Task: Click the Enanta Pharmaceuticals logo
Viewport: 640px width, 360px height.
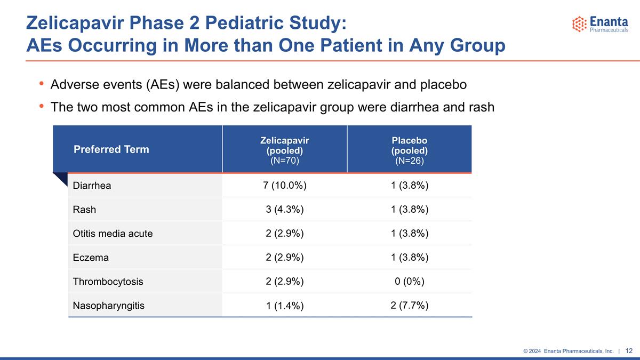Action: click(x=600, y=24)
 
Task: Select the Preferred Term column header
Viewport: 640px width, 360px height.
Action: click(x=111, y=149)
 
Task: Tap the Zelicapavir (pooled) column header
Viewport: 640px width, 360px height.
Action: click(x=285, y=150)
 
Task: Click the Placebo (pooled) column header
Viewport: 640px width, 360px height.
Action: click(x=410, y=150)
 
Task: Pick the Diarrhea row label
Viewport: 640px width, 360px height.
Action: click(x=92, y=186)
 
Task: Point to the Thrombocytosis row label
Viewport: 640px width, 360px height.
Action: click(x=108, y=282)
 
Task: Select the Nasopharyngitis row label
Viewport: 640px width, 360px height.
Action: click(x=109, y=306)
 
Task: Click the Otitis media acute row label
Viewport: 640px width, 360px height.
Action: click(x=113, y=234)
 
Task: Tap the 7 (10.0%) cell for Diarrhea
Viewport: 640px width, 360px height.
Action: click(x=285, y=186)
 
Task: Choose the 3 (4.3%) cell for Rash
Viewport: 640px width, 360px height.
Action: click(x=285, y=210)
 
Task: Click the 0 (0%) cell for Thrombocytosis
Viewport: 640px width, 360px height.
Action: click(x=410, y=282)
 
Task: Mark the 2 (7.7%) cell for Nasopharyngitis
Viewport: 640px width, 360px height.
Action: click(x=410, y=306)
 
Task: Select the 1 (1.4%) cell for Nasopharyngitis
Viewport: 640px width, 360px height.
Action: click(x=285, y=306)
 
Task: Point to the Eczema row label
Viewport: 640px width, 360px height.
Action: click(x=91, y=258)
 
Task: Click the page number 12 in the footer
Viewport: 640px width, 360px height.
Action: click(x=629, y=351)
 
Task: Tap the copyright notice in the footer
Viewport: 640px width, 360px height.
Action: click(x=569, y=351)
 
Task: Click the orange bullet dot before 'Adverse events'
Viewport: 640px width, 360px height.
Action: click(x=42, y=83)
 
